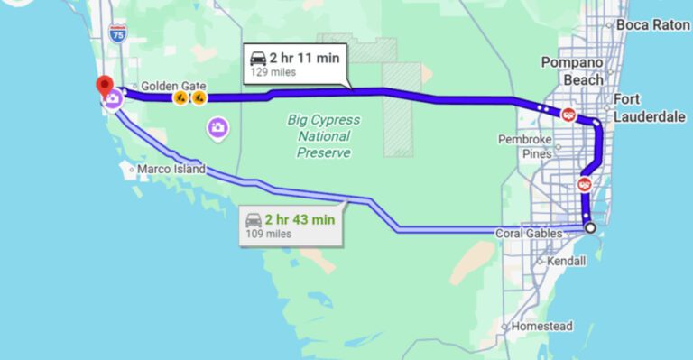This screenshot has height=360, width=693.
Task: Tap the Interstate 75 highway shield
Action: click(x=117, y=33)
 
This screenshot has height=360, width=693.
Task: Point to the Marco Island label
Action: click(x=171, y=169)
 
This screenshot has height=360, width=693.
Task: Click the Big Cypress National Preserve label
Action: click(x=324, y=135)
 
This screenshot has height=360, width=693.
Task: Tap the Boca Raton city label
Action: click(x=652, y=25)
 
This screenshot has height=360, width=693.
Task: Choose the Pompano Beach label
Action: click(x=572, y=70)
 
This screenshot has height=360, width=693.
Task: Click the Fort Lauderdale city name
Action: click(x=649, y=107)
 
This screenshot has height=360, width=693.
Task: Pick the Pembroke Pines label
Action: click(x=523, y=146)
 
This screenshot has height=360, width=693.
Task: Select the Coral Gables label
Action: click(x=529, y=234)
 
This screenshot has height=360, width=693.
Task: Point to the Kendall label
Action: click(x=565, y=261)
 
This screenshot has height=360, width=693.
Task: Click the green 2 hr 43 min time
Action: click(x=300, y=219)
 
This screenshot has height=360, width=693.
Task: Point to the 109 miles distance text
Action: click(x=268, y=235)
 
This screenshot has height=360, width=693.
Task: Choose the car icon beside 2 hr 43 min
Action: click(x=253, y=219)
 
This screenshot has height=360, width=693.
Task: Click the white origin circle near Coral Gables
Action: click(x=590, y=228)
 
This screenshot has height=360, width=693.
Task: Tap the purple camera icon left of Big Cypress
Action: click(x=217, y=128)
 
